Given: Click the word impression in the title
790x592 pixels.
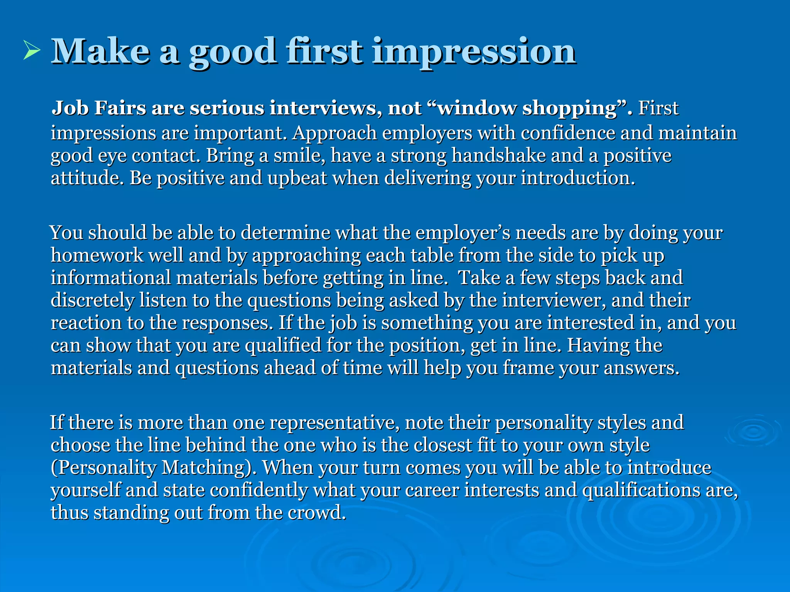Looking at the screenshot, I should point(474,52).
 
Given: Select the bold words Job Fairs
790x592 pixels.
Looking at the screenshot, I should point(99,108).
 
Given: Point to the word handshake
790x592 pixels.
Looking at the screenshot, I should point(499,156).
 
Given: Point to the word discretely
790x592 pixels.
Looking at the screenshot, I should point(92,300).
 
